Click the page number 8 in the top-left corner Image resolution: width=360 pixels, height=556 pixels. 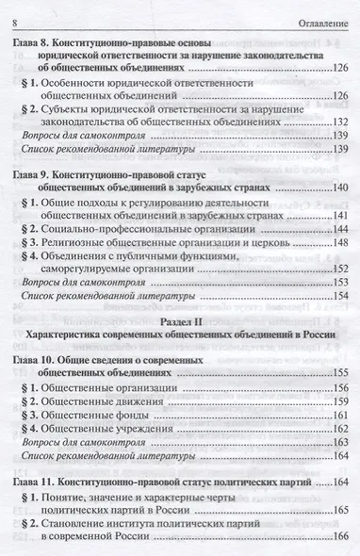(x=11, y=12)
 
